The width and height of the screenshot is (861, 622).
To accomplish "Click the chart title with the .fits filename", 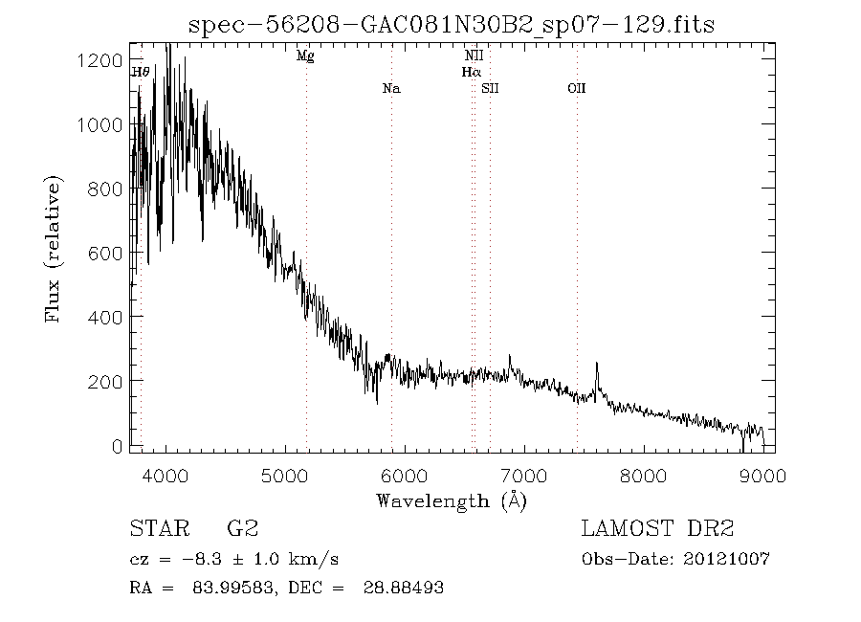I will point(451,23).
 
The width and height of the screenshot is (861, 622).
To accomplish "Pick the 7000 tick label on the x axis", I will point(524,475).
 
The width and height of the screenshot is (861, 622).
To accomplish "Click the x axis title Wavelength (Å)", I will point(451,500).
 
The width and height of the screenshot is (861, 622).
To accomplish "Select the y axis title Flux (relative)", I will point(55,249).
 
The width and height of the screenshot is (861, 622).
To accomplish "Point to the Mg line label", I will point(305,56).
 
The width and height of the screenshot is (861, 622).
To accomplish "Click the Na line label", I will point(390,89).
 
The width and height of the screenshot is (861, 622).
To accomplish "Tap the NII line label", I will point(474,56).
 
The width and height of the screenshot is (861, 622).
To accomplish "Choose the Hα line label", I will point(471,72).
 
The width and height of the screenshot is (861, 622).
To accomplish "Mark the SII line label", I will point(491,89).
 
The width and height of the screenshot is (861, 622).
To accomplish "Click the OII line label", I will point(576,89).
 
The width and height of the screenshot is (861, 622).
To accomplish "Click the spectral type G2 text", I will point(241,529).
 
